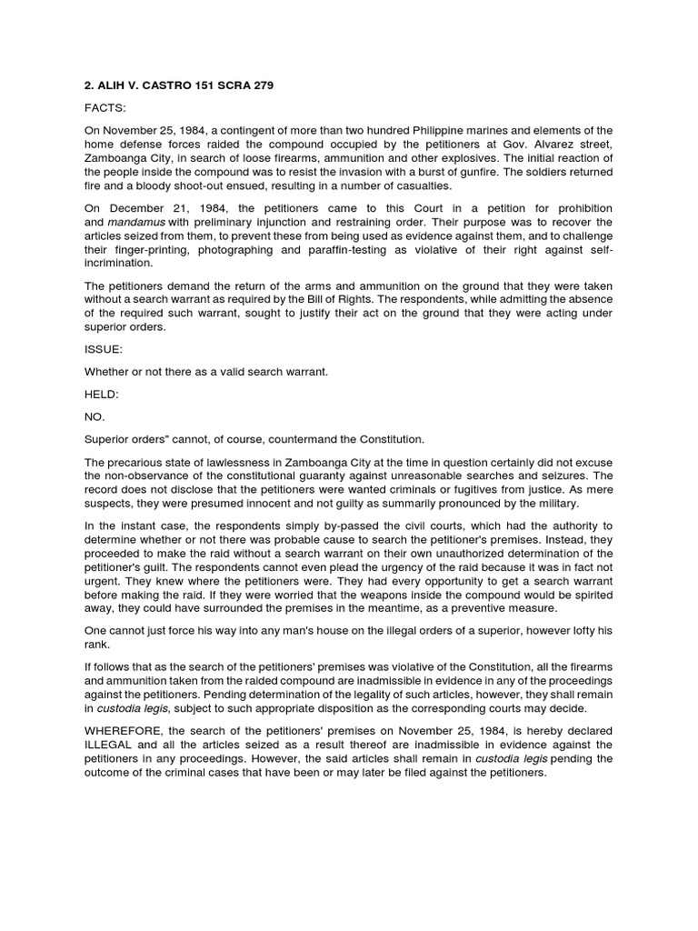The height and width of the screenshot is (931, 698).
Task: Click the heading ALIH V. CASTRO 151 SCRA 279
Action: [x=177, y=85]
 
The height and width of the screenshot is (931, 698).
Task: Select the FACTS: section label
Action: [x=106, y=109]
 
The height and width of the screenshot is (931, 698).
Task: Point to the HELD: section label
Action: [x=103, y=394]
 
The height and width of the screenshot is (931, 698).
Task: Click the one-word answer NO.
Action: [x=95, y=416]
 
